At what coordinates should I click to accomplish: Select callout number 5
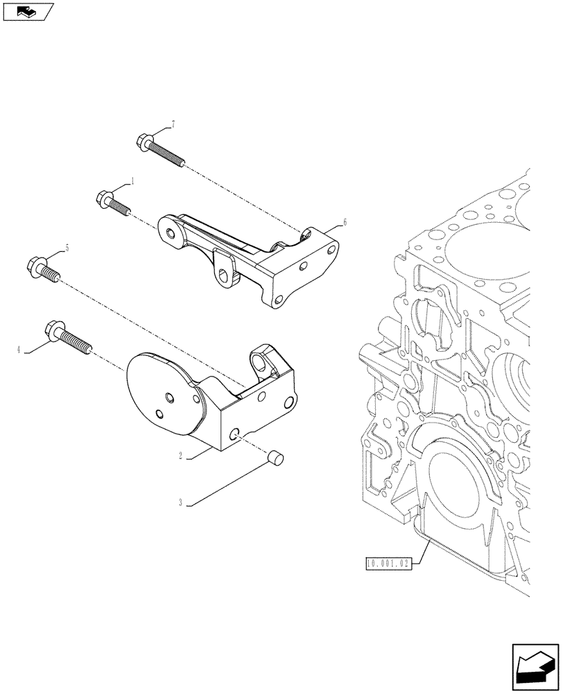tap(67, 247)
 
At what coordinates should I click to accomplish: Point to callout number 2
tap(180, 457)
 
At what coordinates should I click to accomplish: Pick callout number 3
tap(180, 503)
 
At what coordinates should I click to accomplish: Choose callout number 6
tap(344, 223)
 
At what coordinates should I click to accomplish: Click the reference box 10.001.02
tap(387, 564)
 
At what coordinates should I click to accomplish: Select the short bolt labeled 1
tap(112, 202)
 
